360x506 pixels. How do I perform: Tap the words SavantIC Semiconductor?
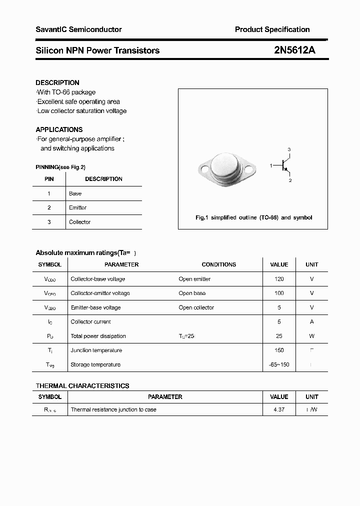pyautogui.click(x=78, y=29)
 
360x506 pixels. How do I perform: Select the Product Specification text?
pyautogui.click(x=272, y=29)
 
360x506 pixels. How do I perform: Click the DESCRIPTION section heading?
pyautogui.click(x=57, y=82)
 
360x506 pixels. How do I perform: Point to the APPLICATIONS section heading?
pyautogui.click(x=59, y=129)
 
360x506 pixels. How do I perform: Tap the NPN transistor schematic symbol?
pyautogui.click(x=284, y=165)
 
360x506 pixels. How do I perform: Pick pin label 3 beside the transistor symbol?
pyautogui.click(x=289, y=149)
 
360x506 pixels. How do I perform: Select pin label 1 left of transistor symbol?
pyautogui.click(x=271, y=165)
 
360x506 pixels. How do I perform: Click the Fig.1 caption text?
pyautogui.click(x=253, y=217)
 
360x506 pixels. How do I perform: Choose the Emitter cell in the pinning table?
pyautogui.click(x=78, y=207)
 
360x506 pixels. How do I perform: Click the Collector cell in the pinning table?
pyautogui.click(x=80, y=222)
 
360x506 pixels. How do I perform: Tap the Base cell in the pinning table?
pyautogui.click(x=75, y=193)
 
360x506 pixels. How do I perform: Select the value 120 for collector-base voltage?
pyautogui.click(x=279, y=279)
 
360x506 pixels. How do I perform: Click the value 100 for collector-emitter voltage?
pyautogui.click(x=279, y=293)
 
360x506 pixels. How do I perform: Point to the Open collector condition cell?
pyautogui.click(x=196, y=307)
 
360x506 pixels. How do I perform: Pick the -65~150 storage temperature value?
pyautogui.click(x=279, y=364)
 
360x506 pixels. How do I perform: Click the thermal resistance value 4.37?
pyautogui.click(x=279, y=409)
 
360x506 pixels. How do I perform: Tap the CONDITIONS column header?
pyautogui.click(x=218, y=264)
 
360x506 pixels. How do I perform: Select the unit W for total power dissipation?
pyautogui.click(x=312, y=336)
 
